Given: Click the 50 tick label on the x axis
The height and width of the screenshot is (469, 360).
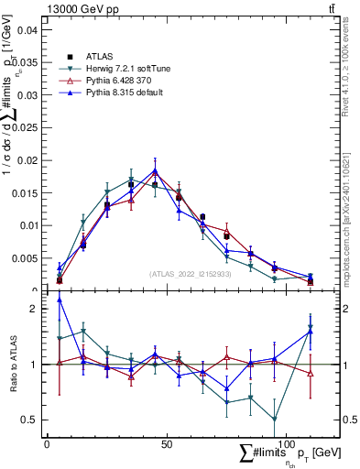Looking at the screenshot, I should [166, 443].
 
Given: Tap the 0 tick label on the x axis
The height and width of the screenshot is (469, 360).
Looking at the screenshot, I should [47, 443].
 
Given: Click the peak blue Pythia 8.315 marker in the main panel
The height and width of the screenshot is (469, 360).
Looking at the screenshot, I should [155, 170].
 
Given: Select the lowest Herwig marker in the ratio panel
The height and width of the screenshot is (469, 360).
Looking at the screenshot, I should [274, 420].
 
